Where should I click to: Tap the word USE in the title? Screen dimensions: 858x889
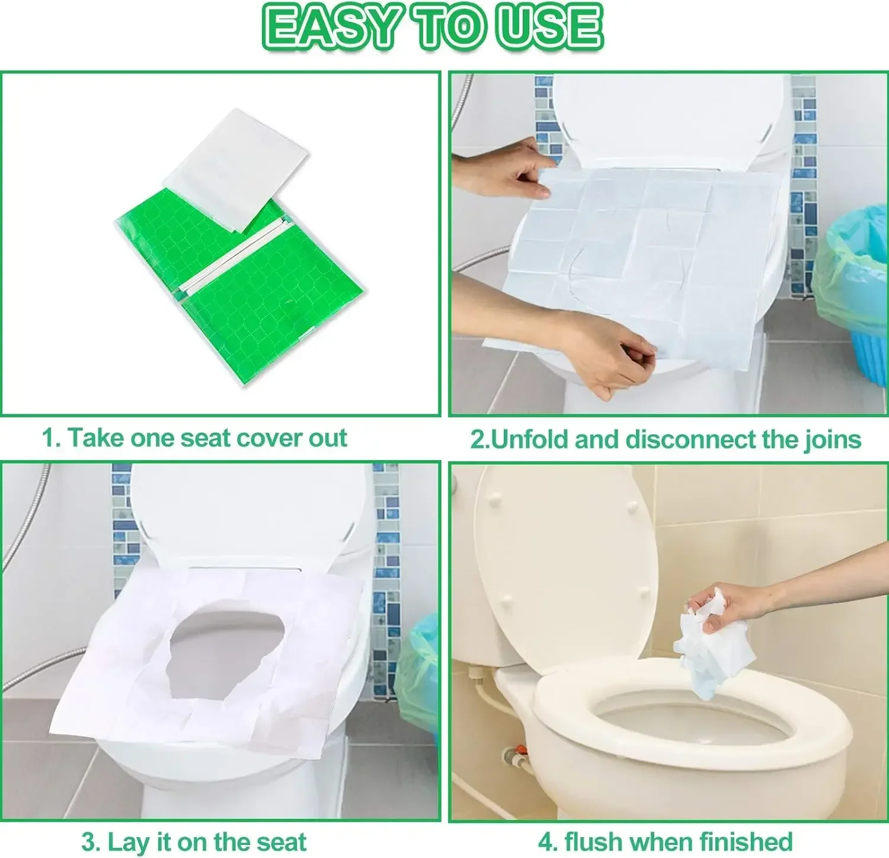[x=548, y=27]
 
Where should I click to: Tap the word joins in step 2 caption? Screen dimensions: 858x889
[x=832, y=439]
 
